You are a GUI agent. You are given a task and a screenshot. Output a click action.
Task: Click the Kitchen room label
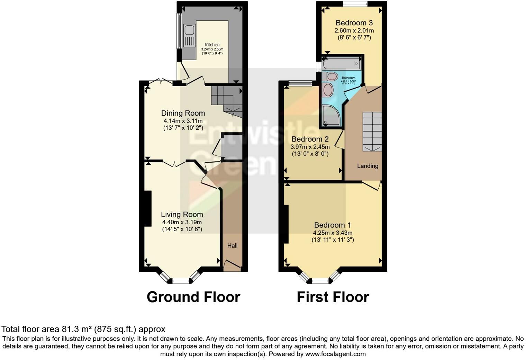(x=212, y=45)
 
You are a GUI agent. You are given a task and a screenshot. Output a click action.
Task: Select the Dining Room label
(x=183, y=113)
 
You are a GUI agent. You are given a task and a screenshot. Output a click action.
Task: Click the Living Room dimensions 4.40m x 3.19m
(x=182, y=222)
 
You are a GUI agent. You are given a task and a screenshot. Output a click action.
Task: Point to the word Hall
(x=232, y=246)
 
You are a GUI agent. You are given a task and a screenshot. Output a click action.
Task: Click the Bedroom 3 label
(x=354, y=23)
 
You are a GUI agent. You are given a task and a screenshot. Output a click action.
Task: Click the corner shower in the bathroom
(x=330, y=115)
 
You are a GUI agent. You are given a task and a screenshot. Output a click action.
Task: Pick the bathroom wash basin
(x=327, y=90)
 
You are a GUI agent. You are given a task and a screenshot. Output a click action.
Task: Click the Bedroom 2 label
(x=310, y=139)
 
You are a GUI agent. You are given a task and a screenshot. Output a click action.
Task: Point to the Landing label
(x=368, y=166)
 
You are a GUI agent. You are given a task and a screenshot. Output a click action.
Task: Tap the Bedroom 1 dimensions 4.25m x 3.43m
(x=333, y=233)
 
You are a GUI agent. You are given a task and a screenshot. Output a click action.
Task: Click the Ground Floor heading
(x=193, y=297)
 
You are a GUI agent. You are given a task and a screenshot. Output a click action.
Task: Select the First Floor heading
(x=333, y=297)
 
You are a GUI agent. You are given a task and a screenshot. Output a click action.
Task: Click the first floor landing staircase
(x=372, y=131)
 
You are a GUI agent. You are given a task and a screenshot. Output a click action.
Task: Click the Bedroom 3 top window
(x=355, y=4)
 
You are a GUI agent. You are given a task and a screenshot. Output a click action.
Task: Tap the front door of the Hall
(x=232, y=266)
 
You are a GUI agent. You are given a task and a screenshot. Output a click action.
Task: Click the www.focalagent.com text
(x=335, y=354)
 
